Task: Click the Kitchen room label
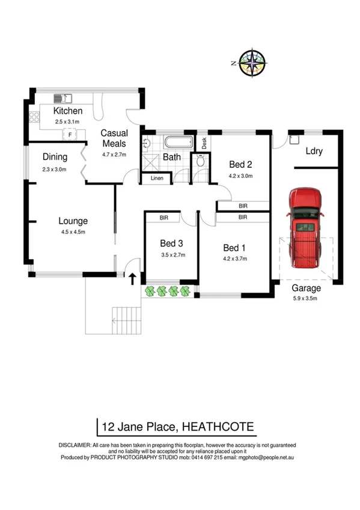pos(68,111)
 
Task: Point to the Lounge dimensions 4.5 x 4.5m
pos(73,232)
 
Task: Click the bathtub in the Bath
pos(178,143)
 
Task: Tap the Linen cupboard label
pos(156,178)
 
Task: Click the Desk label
pos(204,143)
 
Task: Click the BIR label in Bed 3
pos(163,218)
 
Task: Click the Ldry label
pos(314,151)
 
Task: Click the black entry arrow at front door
pos(132,277)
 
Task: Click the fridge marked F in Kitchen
pos(70,135)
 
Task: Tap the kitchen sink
pos(63,98)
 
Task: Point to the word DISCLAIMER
pos(75,445)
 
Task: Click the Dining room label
pos(55,157)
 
